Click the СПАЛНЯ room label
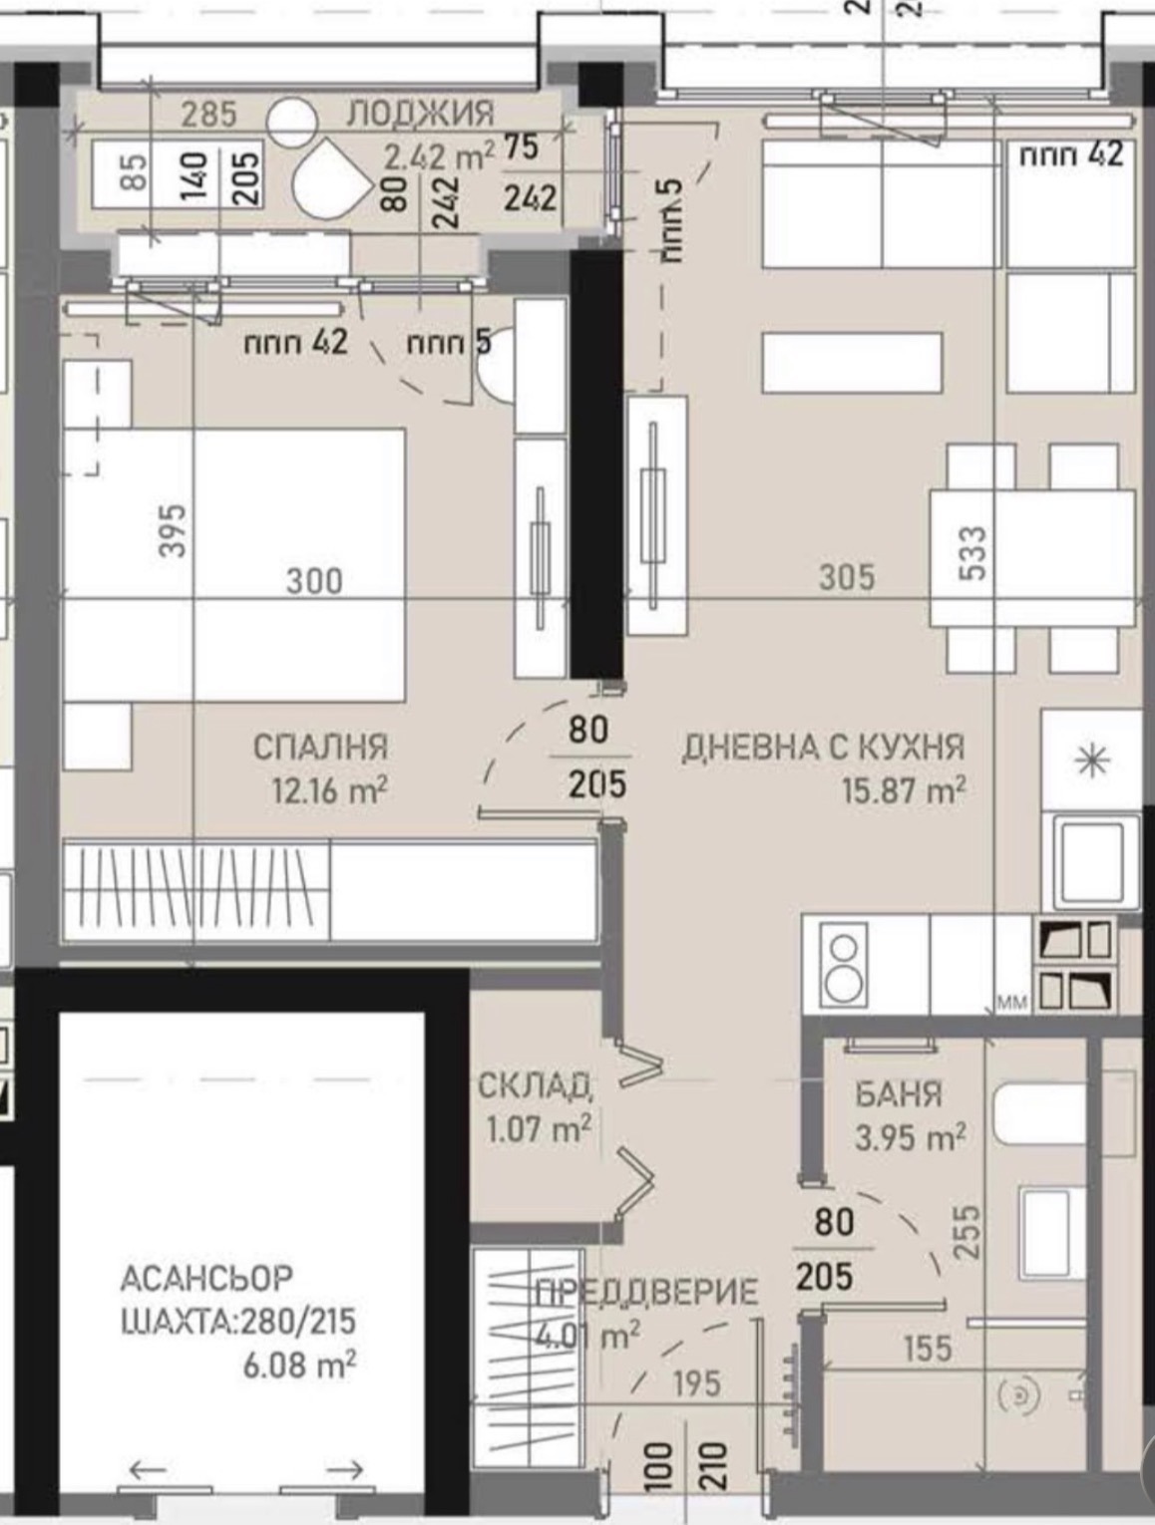[x=320, y=747]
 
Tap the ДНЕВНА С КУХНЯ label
[x=823, y=747]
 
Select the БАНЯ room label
[x=898, y=1093]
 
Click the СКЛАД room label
[x=536, y=1085]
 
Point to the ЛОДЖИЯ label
[x=420, y=113]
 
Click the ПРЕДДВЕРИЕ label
[x=646, y=1294]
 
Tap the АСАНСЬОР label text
[x=206, y=1277]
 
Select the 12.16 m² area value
[x=329, y=791]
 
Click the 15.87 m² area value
[x=904, y=791]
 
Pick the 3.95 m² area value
[x=910, y=1136]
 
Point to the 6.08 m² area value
[x=299, y=1364]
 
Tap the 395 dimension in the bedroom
[x=173, y=530]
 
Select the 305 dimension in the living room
[x=847, y=576]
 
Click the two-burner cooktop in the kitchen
[x=844, y=964]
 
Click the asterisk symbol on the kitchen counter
[x=1093, y=762]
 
